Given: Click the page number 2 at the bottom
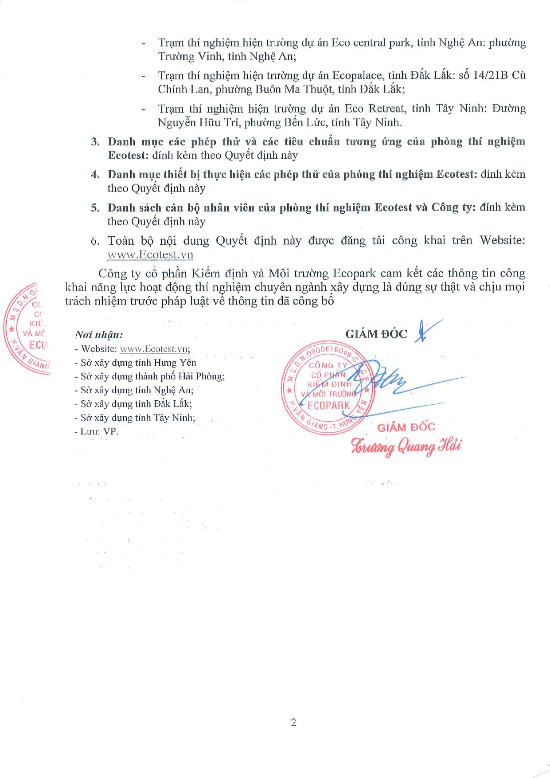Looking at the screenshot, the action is point(293,723).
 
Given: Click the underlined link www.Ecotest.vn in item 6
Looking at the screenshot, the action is point(150,254).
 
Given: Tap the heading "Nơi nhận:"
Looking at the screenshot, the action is point(98,334).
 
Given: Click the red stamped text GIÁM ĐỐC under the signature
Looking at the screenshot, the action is point(406,427).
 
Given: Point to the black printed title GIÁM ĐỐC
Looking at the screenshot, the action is point(376,334).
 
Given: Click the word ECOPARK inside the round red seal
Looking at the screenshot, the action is point(328,405).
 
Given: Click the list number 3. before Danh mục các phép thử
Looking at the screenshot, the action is point(95,141).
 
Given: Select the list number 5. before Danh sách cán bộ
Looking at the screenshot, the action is point(95,207).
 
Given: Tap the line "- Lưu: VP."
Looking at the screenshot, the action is point(96,431).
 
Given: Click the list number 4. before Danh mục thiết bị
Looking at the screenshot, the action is point(95,174).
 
